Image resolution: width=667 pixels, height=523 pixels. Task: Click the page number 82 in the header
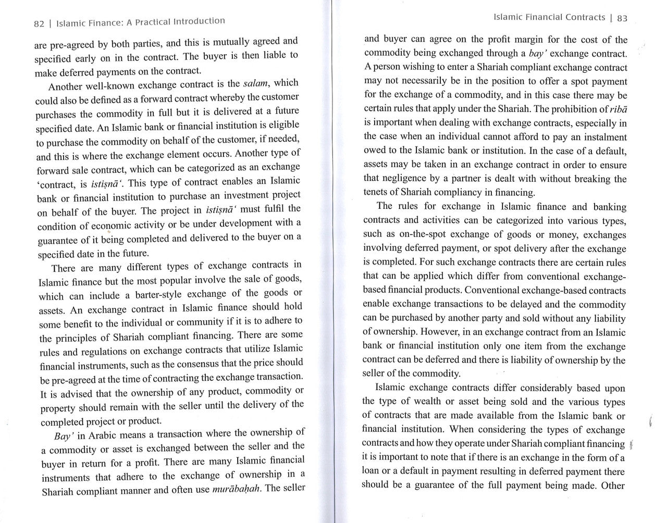(x=39, y=24)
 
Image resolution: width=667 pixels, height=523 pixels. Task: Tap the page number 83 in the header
(x=622, y=18)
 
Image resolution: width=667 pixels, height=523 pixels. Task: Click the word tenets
(x=375, y=193)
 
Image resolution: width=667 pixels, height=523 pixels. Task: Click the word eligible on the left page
(x=282, y=124)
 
